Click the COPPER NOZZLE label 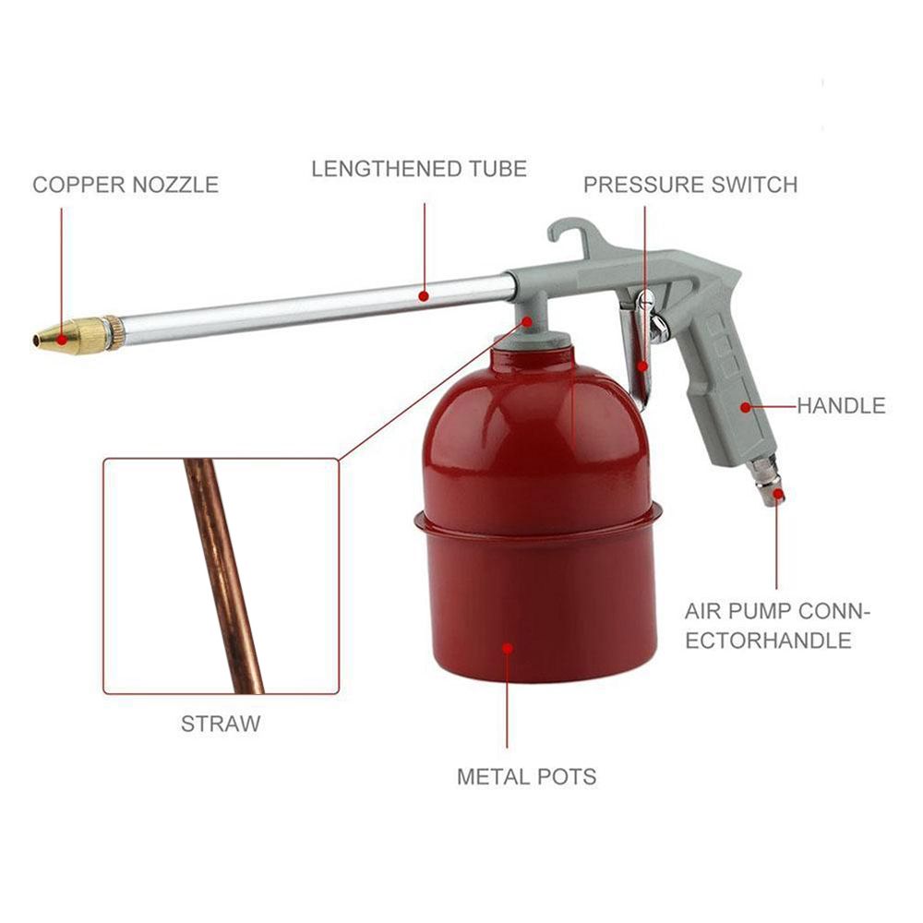(126, 185)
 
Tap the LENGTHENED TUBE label (419, 169)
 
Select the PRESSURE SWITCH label (690, 185)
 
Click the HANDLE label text (841, 405)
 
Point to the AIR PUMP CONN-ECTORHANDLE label (777, 626)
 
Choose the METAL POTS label (527, 777)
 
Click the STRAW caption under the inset (221, 724)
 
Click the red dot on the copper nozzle (61, 340)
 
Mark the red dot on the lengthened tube (424, 296)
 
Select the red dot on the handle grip (746, 407)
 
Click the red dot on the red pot (508, 649)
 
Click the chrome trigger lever (639, 347)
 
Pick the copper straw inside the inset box (223, 576)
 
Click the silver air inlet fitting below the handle (766, 483)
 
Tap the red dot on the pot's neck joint (527, 321)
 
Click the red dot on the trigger (642, 366)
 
